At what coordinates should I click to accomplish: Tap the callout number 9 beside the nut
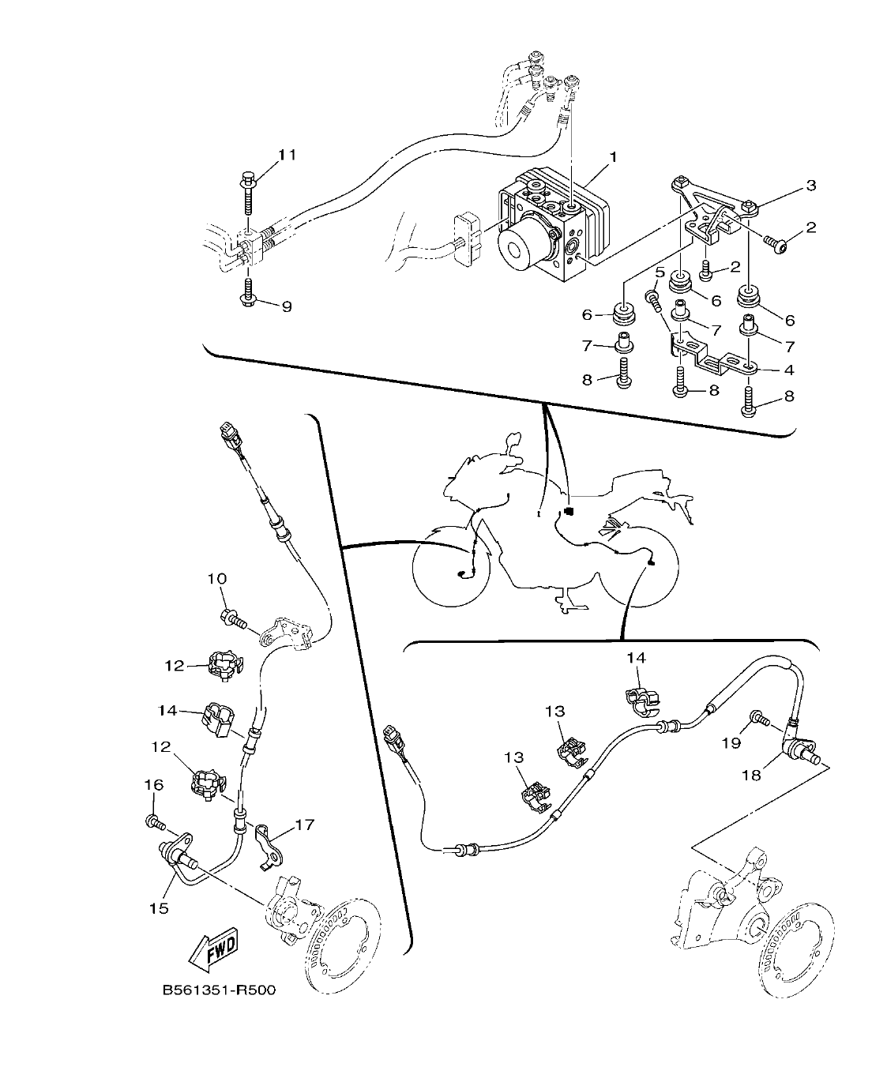[x=287, y=306]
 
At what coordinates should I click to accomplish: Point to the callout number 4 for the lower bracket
[x=788, y=370]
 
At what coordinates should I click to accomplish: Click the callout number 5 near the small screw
[x=660, y=273]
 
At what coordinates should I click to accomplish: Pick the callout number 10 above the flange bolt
[x=216, y=579]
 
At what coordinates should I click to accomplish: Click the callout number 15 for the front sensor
[x=160, y=908]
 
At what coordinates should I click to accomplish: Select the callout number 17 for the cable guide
[x=304, y=825]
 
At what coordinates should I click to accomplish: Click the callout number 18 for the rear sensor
[x=750, y=775]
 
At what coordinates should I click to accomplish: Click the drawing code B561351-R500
[x=219, y=990]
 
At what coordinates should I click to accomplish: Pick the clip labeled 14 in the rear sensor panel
[x=641, y=698]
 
